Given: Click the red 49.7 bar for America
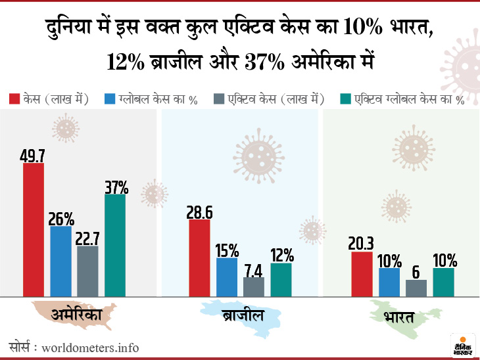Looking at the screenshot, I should (x=34, y=229).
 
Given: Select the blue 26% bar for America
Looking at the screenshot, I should (x=60, y=261).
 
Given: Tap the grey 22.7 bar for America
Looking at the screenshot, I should (x=87, y=271).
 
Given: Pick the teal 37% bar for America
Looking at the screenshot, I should (x=115, y=245).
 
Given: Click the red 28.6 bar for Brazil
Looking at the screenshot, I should (x=199, y=258).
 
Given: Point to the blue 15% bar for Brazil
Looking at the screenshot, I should (x=227, y=277).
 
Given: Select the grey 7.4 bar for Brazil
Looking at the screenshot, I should (x=254, y=286).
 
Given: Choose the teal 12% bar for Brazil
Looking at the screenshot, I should (x=281, y=279).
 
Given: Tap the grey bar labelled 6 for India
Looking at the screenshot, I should (x=416, y=288).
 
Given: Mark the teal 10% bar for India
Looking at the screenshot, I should (x=444, y=282).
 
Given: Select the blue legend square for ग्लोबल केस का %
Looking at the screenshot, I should (x=110, y=99).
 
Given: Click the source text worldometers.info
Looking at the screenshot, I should (x=90, y=347).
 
